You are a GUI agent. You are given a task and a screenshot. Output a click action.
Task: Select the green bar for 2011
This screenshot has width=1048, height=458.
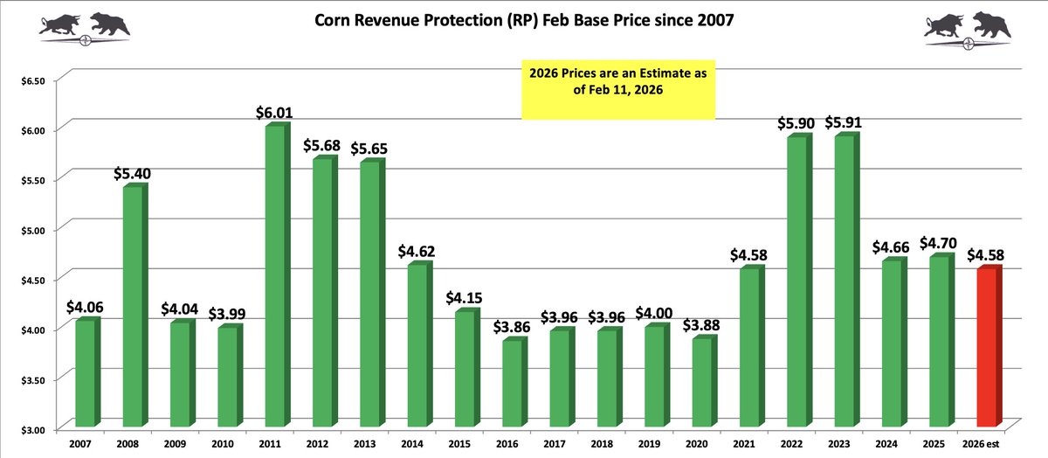273,277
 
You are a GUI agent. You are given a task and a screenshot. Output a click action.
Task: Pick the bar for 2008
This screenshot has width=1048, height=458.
132,307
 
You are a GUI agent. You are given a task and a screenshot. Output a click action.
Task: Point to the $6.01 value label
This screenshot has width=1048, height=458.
274,113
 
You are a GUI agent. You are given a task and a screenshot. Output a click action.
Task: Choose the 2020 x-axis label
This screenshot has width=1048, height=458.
698,444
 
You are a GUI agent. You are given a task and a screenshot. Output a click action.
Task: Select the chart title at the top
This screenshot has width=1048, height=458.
524,20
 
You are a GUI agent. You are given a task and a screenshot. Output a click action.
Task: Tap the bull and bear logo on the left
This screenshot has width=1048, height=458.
85,24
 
